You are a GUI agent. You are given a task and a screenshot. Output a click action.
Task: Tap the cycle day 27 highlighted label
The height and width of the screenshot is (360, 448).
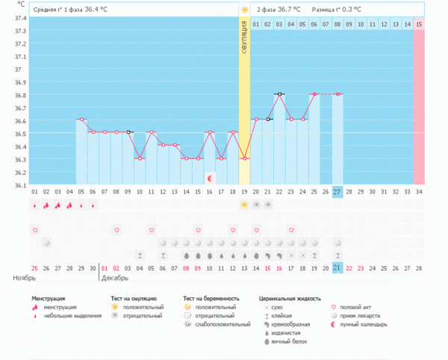pyautogui.click(x=337, y=191)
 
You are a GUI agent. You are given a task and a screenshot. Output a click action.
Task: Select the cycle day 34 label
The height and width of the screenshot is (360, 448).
pyautogui.click(x=419, y=191)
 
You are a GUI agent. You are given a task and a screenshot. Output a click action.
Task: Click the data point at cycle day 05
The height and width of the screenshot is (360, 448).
pyautogui.click(x=81, y=120)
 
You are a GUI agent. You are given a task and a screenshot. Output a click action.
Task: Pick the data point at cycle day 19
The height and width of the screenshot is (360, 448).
pyautogui.click(x=244, y=158)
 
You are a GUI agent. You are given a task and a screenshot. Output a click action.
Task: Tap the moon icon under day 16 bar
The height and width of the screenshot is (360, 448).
pyautogui.click(x=210, y=178)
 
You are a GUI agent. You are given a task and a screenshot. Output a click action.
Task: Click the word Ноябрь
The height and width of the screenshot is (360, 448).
pyautogui.click(x=25, y=278)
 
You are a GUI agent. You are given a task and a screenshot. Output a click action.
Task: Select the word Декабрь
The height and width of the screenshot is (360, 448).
pyautogui.click(x=115, y=278)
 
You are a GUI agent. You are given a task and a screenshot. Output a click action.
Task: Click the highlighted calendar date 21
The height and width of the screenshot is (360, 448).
pyautogui.click(x=337, y=267)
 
